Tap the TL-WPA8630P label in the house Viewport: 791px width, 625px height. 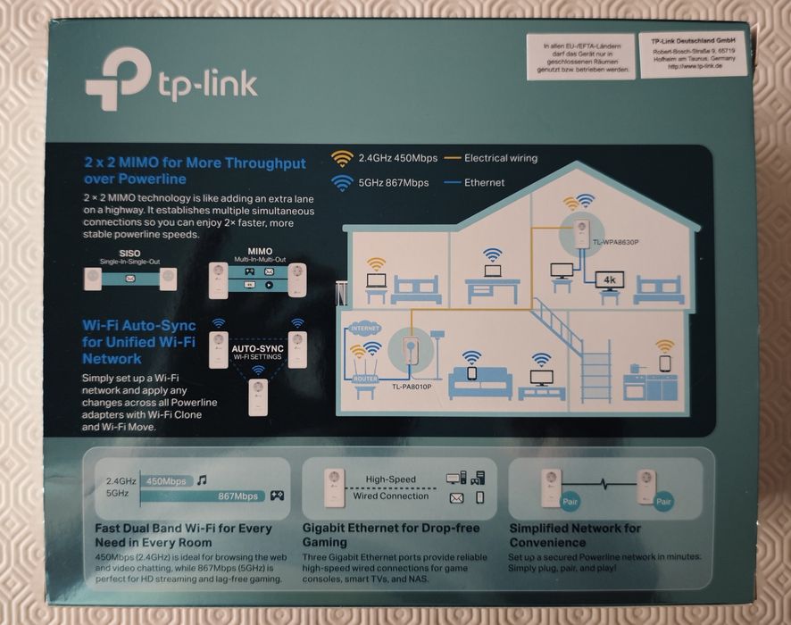click(615, 243)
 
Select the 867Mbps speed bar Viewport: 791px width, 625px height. click(238, 496)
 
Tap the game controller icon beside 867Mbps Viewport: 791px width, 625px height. click(277, 496)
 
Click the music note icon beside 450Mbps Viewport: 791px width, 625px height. click(204, 480)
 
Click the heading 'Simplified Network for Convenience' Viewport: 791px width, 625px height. click(574, 535)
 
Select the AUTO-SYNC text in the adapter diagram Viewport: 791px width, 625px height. click(257, 348)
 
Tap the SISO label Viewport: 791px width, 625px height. click(129, 254)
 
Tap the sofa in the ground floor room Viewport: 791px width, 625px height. click(479, 385)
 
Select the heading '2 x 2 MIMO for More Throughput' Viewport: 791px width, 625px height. click(188, 163)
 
